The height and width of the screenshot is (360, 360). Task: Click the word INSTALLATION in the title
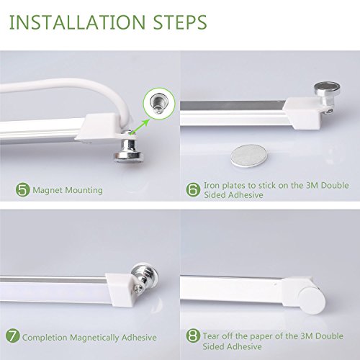[x=77, y=22]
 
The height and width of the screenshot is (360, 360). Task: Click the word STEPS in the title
[x=180, y=22]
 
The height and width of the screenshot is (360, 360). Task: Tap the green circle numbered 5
[x=23, y=190]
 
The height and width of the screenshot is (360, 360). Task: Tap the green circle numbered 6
[x=193, y=189]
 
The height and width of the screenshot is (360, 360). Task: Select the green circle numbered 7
[x=12, y=336]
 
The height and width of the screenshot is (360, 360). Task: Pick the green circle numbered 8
[x=193, y=336]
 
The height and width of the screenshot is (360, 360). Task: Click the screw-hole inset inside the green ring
[x=159, y=104]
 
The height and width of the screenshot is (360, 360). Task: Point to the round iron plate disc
[x=249, y=156]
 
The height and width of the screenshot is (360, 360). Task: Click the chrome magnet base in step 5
[x=129, y=151]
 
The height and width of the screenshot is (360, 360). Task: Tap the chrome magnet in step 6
[x=327, y=95]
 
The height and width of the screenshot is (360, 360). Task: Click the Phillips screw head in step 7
[x=139, y=290]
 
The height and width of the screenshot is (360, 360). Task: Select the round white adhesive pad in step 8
[x=312, y=300]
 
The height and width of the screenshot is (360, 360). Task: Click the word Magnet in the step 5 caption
[x=48, y=190]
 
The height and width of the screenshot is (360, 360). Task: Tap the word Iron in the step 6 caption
[x=212, y=185]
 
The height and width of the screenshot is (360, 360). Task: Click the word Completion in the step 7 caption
[x=45, y=338]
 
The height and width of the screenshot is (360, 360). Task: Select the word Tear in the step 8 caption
[x=211, y=336]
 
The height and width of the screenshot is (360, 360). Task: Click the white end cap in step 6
[x=302, y=113]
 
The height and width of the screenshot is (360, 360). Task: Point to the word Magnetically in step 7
[x=94, y=338]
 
